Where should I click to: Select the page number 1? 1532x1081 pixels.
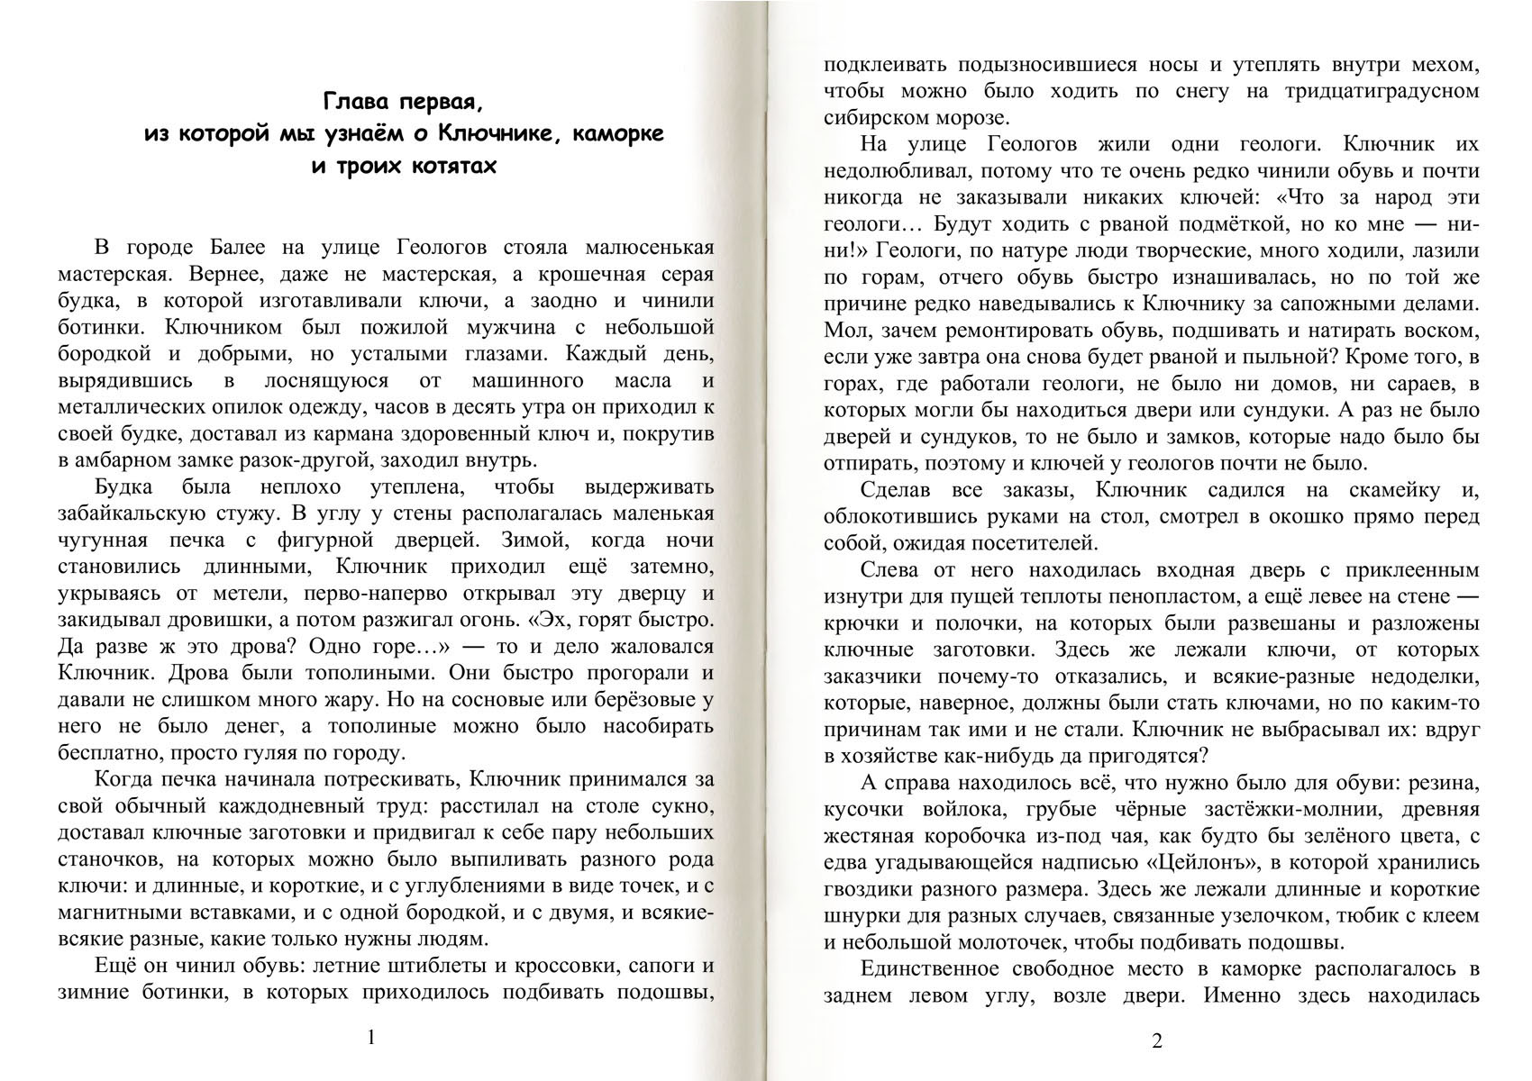click(x=371, y=1038)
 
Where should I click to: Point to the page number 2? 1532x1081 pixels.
click(x=1157, y=1041)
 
